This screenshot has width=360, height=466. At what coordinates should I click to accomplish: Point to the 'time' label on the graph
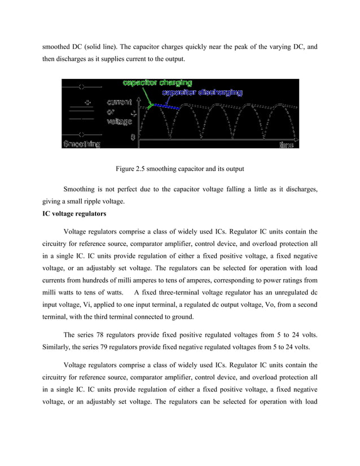tap(286, 145)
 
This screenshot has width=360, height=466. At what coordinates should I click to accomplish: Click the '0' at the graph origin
tap(133, 137)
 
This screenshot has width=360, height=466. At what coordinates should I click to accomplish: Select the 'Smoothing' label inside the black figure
tap(81, 144)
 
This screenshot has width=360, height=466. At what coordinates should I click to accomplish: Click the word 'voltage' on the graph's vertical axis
tap(118, 121)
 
